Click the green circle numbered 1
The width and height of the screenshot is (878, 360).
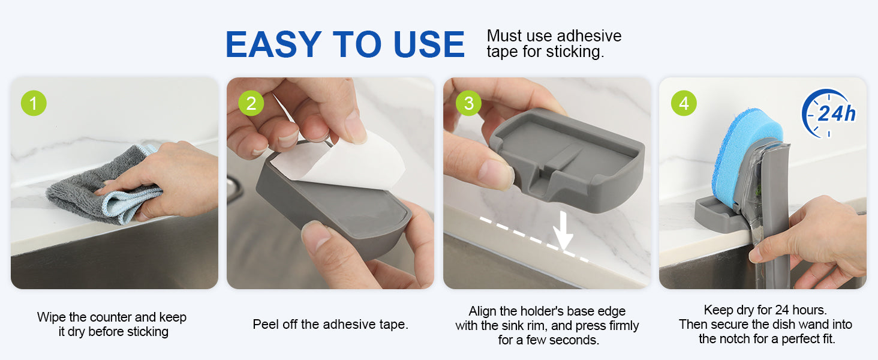pos(34,103)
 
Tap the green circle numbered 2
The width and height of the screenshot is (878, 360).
pos(251,103)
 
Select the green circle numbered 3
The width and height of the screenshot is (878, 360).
pos(468,103)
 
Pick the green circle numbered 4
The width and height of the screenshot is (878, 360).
pos(684,103)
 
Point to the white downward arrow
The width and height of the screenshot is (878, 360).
pos(563,230)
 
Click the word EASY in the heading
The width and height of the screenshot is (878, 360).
pos(273,44)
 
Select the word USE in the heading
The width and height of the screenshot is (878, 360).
pos(429,44)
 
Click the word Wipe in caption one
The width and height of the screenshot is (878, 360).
pos(52,317)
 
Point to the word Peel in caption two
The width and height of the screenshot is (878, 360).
pos(265,325)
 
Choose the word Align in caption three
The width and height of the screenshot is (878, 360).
pos(483,311)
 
